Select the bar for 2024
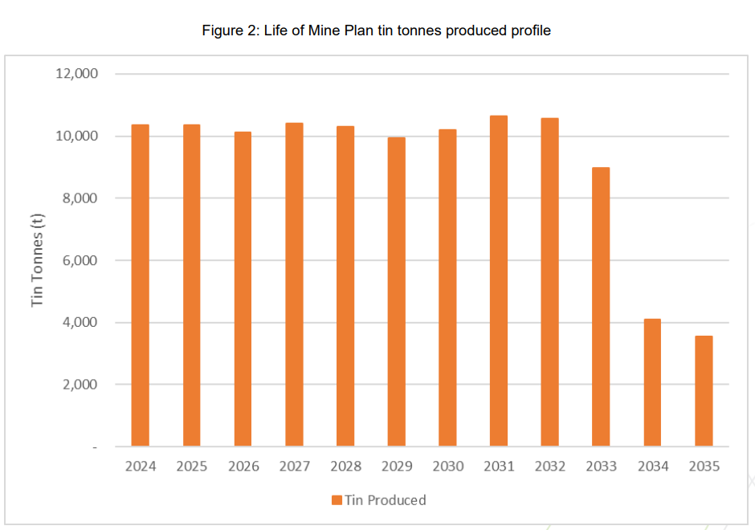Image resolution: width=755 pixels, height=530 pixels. point(141,285)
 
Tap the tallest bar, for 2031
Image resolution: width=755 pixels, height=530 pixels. point(499,281)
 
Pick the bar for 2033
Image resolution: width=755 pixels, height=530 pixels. point(601,307)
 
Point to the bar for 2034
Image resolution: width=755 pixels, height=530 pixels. point(652,382)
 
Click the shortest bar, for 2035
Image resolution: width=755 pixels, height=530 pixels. point(704,391)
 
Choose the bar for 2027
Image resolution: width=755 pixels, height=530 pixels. point(294,284)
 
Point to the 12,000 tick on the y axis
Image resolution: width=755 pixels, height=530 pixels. point(76,74)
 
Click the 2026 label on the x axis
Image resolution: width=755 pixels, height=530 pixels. point(243,467)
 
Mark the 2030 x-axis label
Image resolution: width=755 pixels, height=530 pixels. point(447,467)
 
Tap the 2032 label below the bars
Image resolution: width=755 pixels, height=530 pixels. point(550,467)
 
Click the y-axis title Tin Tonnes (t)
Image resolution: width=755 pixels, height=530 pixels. point(37,259)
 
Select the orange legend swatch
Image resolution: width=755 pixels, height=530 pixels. point(337,500)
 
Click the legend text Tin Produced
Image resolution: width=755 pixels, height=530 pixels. point(386,500)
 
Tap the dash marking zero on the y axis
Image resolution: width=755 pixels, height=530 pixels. point(96,447)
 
